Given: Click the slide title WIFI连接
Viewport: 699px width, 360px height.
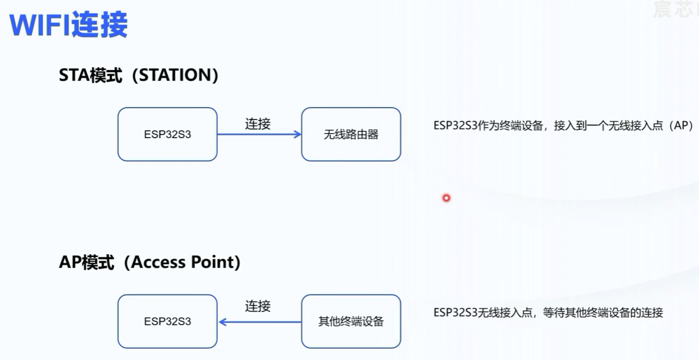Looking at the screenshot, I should coord(69,25).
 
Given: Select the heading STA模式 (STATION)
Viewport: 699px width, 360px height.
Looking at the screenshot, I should coord(139,75).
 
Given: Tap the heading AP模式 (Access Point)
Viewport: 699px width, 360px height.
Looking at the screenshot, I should coord(150,263).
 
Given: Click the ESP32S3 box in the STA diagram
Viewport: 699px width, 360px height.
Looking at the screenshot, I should coord(167,135).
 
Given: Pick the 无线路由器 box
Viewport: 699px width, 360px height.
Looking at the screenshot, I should coord(351,135).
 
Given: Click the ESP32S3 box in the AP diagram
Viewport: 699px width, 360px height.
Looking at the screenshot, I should coord(167,322).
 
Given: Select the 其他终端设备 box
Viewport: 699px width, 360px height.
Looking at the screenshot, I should coord(351,322).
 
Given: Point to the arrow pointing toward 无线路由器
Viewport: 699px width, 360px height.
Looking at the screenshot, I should coord(259,135).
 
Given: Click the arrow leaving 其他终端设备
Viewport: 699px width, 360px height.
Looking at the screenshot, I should coord(259,322).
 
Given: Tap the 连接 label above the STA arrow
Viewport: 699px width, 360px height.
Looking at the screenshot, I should coord(258,124).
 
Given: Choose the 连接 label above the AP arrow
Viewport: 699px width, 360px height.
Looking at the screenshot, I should coord(258,306).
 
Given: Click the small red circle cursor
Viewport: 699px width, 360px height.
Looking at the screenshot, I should coord(447,198).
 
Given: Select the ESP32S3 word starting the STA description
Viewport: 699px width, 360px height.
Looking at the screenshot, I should coord(455,126).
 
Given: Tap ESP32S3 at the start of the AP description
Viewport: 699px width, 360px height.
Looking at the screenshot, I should coord(455,313).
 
